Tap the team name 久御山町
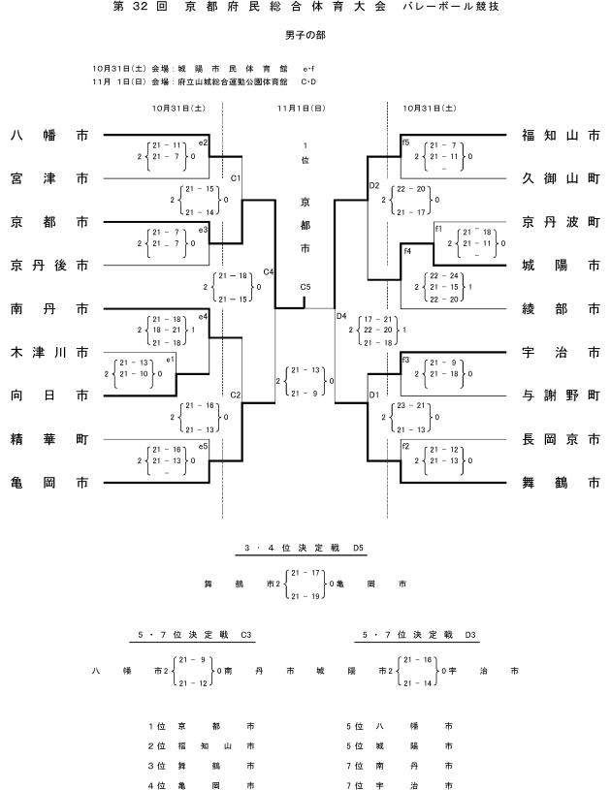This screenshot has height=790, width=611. point(560,178)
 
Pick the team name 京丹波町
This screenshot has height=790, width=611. point(560,220)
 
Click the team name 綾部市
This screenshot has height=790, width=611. point(560,309)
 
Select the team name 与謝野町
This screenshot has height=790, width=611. point(560,395)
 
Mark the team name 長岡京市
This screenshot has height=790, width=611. point(560,439)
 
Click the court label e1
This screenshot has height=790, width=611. point(170,360)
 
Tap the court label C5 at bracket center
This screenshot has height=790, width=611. point(305,287)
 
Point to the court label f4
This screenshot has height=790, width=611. point(407,251)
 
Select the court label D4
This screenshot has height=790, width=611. point(340,316)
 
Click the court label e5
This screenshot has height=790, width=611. point(203,446)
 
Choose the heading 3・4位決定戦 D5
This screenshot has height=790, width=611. point(301,550)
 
